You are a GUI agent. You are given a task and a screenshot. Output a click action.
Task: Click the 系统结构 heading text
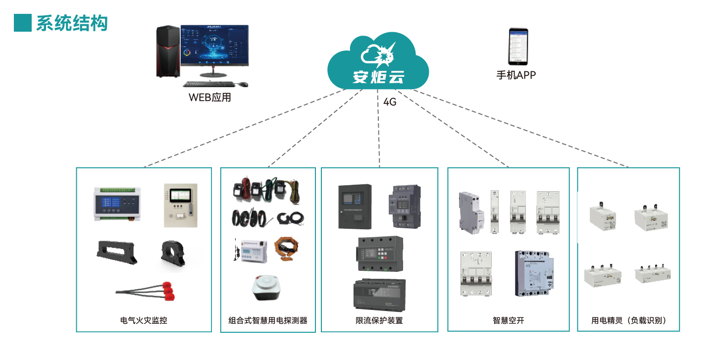72,23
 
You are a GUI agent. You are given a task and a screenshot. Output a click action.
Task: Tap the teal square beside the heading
22,23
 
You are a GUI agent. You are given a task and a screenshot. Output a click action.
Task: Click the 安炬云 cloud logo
378,62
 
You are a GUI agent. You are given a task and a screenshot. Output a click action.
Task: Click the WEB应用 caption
210,98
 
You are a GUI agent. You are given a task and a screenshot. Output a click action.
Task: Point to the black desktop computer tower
168,52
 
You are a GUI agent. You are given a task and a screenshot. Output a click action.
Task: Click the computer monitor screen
214,46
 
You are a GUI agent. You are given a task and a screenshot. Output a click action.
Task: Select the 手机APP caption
516,75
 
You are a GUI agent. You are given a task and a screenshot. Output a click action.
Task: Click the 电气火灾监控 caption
144,320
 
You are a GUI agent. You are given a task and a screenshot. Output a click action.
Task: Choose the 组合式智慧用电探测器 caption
268,320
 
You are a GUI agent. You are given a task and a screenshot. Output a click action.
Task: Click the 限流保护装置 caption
379,320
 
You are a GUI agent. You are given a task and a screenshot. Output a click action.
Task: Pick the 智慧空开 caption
509,320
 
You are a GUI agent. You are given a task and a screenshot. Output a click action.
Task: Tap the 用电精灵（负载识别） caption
628,320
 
